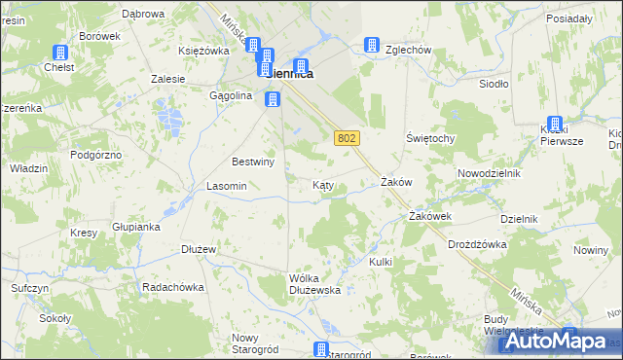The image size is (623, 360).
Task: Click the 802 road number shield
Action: (347, 138)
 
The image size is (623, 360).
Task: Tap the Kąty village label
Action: (324, 185)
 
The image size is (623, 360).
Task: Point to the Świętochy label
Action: (430, 138)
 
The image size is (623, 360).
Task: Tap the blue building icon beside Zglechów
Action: (371, 45)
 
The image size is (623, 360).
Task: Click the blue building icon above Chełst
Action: (60, 53)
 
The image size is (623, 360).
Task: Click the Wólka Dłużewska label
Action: (313, 283)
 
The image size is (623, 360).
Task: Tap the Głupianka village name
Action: (135, 227)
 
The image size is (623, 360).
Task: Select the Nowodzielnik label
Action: (490, 173)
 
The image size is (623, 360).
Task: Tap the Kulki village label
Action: (381, 262)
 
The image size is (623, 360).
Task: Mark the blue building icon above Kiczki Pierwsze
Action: (556, 125)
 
